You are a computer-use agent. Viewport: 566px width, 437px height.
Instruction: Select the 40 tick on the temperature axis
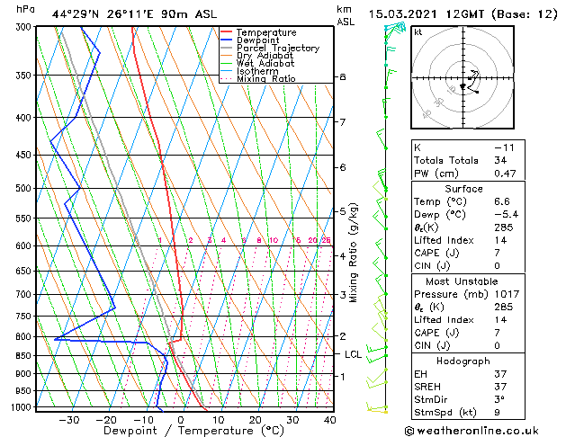(x=329, y=419)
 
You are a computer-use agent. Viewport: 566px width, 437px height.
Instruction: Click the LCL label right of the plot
(x=353, y=355)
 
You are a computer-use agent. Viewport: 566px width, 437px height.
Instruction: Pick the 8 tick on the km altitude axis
(x=342, y=77)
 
